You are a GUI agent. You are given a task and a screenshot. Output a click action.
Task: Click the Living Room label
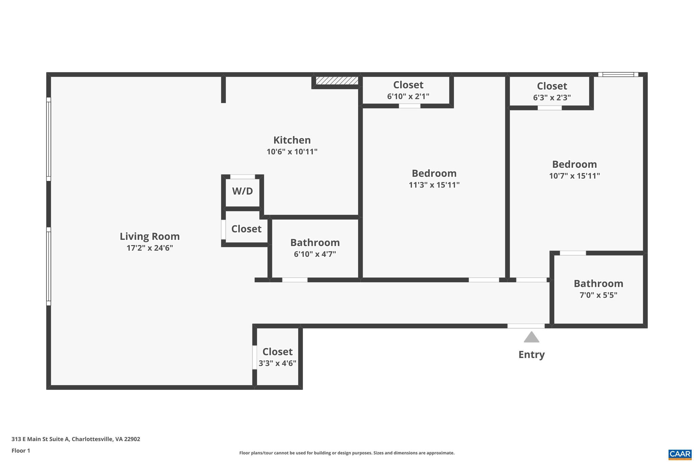[x=149, y=236]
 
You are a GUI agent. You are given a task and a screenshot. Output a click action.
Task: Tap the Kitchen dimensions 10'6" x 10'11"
[x=292, y=152]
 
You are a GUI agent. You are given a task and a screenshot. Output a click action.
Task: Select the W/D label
[x=242, y=191]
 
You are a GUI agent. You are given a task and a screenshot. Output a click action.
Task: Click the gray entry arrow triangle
[x=531, y=337]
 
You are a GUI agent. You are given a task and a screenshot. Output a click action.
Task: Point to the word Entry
[x=531, y=355]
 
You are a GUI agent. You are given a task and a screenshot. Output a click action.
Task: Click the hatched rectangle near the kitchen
[x=337, y=81]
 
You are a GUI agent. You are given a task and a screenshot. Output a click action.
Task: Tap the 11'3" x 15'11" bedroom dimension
[x=434, y=185]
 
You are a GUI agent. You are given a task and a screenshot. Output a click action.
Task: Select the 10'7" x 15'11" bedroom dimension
[x=574, y=176]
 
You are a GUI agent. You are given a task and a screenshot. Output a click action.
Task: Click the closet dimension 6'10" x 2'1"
[x=408, y=96]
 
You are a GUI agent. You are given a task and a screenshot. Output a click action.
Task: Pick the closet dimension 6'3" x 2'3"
[x=552, y=97]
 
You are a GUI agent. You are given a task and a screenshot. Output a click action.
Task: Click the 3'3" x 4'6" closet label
[x=277, y=363]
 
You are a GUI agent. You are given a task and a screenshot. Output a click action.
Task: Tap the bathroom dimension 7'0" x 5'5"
[x=598, y=295]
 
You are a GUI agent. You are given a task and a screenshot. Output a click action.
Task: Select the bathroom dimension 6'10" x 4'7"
[x=315, y=254]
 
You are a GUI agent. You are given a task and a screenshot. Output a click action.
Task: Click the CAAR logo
[x=679, y=454]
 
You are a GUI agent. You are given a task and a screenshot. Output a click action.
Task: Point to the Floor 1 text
[x=21, y=450]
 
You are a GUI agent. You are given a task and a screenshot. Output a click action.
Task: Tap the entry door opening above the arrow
[x=526, y=326]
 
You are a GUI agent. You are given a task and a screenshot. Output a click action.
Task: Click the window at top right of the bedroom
[x=618, y=74]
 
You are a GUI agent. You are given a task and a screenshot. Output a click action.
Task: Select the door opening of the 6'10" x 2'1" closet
[x=409, y=106]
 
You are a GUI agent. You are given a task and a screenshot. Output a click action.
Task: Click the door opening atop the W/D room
[x=243, y=177]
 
